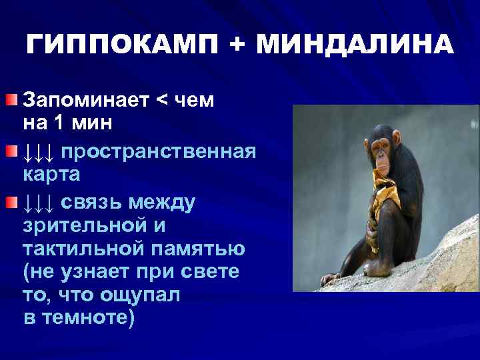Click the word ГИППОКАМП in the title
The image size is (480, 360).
pos(123,45)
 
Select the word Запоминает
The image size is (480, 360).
pos(85,101)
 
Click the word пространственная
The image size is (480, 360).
pos(159,151)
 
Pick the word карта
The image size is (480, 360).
pos(51,175)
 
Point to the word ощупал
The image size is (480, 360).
pos(138,295)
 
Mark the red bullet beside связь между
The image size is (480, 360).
pos(12,201)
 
